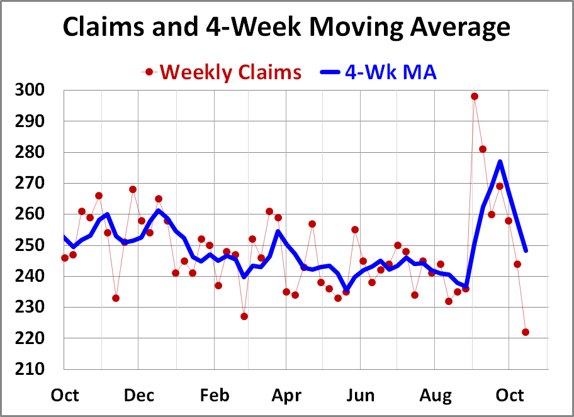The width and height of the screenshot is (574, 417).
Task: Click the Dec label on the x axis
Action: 139,396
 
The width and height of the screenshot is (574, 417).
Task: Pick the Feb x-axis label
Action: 213,396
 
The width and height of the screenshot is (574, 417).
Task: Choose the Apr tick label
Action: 287,396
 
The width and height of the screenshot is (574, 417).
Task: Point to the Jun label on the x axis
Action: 361,396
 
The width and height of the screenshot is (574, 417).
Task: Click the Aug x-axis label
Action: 436,396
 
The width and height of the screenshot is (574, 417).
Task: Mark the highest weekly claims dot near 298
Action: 475,96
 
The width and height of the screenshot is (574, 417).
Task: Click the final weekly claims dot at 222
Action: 526,332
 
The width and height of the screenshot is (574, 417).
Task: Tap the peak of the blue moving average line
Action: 500,162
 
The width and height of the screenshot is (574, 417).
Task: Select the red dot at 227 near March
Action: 244,316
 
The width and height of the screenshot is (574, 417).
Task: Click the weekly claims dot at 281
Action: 483,149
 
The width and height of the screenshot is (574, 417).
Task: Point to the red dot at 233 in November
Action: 116,297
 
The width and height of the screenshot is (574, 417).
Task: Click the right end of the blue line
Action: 526,250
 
